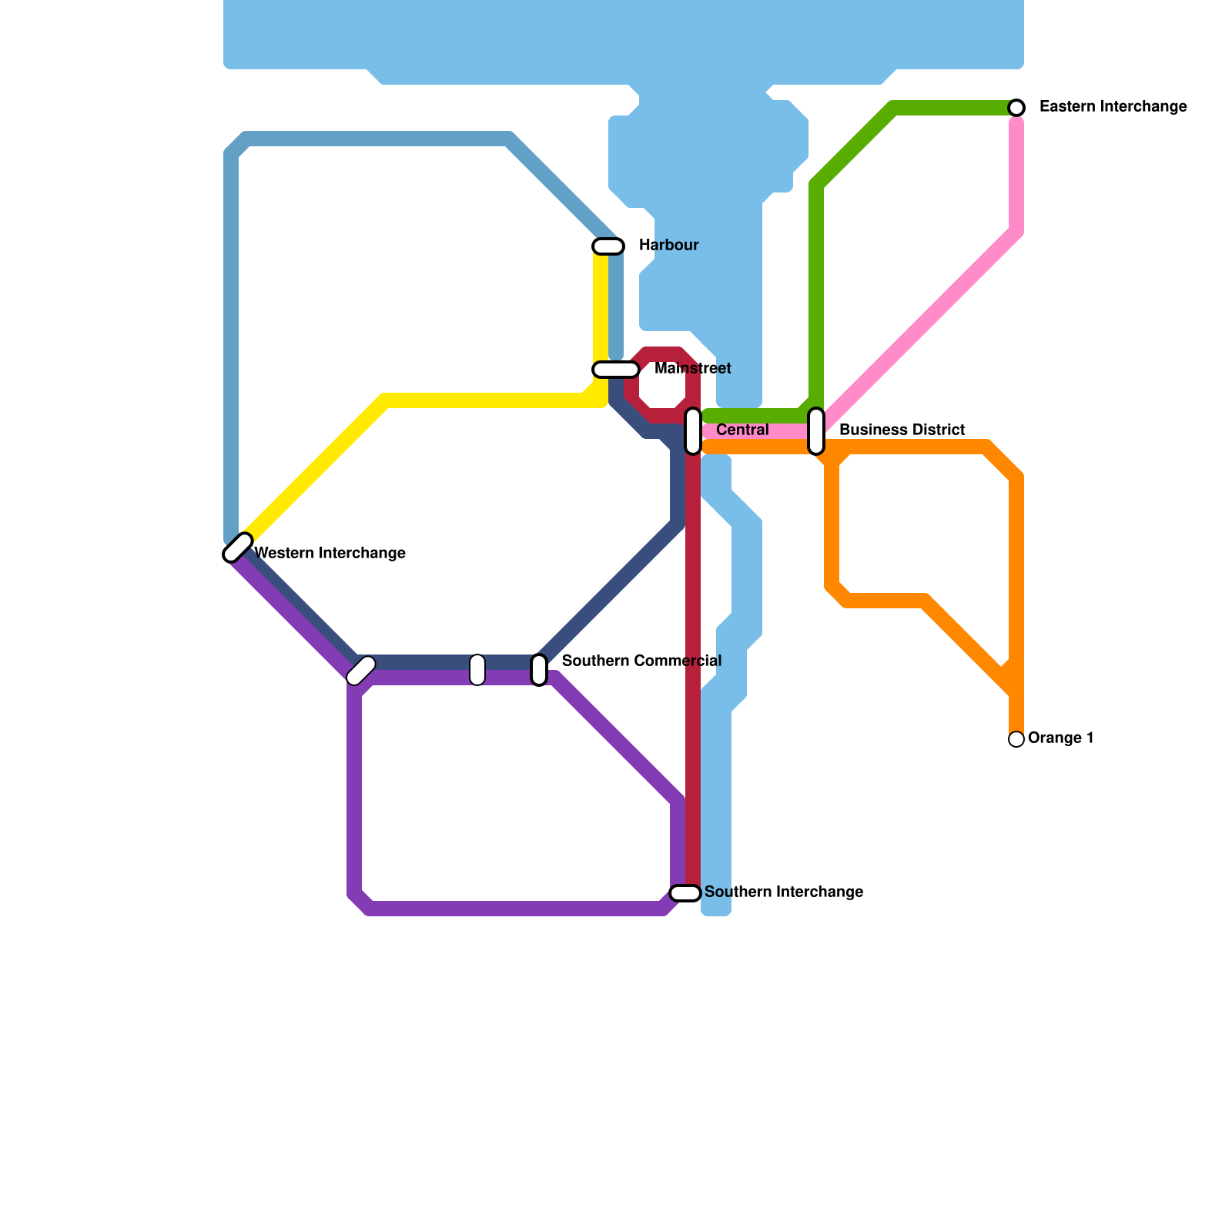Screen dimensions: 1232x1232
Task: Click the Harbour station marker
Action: [608, 246]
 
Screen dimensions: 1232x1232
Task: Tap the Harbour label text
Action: [668, 246]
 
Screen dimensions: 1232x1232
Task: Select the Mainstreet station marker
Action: [615, 370]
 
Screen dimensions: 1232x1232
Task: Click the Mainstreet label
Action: [692, 369]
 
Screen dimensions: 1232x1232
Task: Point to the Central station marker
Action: [693, 431]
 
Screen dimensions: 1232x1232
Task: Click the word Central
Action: [742, 430]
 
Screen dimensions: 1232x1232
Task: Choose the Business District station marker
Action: [816, 431]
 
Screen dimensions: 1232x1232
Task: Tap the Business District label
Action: [902, 430]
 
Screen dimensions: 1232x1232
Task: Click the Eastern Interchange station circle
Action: [1016, 108]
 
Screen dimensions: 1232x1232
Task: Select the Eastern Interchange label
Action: [1113, 107]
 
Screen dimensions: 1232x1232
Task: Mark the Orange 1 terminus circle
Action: [1016, 739]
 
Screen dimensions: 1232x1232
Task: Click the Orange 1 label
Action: [1060, 738]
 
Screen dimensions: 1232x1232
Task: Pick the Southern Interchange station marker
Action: [685, 893]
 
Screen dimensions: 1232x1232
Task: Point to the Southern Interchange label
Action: [783, 892]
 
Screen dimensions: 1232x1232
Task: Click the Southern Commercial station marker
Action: [539, 670]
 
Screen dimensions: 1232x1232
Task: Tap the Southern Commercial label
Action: [641, 661]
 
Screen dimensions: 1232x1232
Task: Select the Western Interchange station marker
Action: [238, 547]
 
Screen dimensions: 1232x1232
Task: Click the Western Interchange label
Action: [330, 554]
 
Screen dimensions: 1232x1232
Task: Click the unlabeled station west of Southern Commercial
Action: [477, 670]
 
